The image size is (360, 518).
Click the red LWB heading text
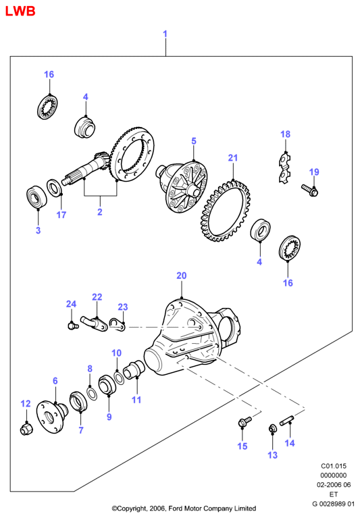(x=20, y=11)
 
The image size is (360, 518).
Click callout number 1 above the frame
(x=165, y=34)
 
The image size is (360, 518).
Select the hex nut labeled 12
(x=25, y=428)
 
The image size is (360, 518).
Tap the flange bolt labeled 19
(x=309, y=190)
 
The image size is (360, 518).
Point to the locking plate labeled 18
(x=285, y=168)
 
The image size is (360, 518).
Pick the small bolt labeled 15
(x=245, y=421)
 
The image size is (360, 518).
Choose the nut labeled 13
(x=272, y=428)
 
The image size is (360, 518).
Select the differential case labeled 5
(x=182, y=184)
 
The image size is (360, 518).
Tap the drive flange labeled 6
(x=52, y=417)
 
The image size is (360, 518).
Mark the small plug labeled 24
(x=72, y=326)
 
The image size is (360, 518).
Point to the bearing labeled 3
(x=36, y=197)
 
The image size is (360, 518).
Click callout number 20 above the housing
(x=182, y=276)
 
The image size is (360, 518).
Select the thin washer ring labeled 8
(x=92, y=393)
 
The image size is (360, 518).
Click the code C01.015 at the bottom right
(x=334, y=466)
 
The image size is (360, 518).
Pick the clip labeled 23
(x=117, y=324)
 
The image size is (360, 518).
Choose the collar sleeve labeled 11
(x=134, y=369)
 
